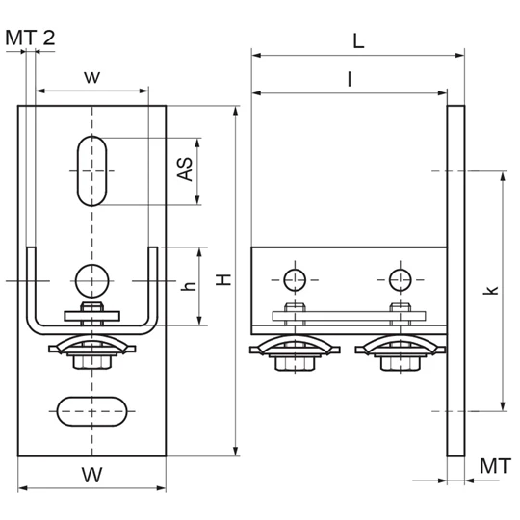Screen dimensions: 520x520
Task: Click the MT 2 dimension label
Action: coord(30,38)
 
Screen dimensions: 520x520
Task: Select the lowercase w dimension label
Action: coord(91,77)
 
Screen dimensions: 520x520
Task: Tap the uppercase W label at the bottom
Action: coord(91,475)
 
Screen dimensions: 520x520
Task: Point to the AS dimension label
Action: coord(185,169)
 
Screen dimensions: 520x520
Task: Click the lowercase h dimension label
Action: coord(189,286)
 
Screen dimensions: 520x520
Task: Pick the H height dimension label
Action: coord(223,280)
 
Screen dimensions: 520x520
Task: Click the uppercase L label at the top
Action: coord(358,41)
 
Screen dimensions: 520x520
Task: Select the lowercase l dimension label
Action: coord(350,79)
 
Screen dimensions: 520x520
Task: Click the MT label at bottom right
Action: coord(495,466)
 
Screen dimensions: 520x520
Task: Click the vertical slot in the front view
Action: coord(92,171)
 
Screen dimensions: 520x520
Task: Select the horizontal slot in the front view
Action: coord(91,411)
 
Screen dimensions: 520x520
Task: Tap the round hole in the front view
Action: coord(92,281)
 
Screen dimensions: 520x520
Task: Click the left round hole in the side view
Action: coord(295,280)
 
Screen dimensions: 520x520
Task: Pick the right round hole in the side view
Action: coord(401,280)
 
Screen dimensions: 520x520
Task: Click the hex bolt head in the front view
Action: coord(92,363)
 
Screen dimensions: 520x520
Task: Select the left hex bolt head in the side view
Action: coord(295,364)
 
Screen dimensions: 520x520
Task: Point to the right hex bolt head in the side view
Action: coord(401,364)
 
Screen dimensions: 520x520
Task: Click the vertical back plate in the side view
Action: coord(455,281)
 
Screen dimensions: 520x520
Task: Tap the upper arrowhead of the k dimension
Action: coord(503,177)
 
